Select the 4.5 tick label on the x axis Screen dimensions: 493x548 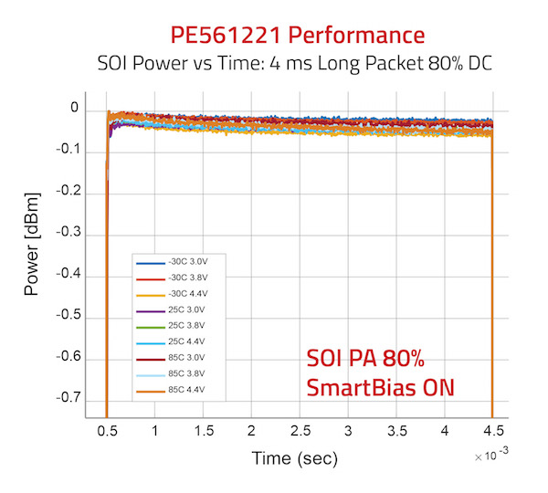tap(492, 430)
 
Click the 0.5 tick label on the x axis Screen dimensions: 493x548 tap(109, 430)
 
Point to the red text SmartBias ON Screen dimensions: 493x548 tap(380, 386)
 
